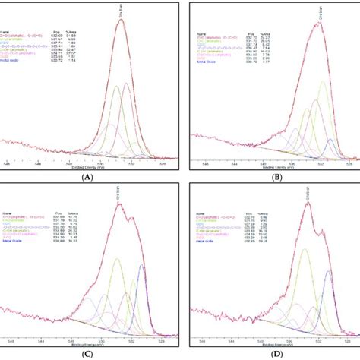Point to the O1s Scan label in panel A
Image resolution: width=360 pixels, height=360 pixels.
(122, 12)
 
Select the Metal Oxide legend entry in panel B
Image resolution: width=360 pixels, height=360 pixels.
(207, 81)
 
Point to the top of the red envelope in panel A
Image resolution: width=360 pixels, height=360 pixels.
(122, 21)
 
